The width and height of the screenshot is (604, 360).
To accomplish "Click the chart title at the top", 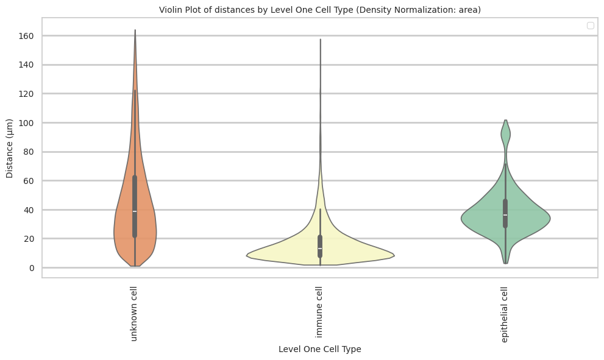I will coord(320,9).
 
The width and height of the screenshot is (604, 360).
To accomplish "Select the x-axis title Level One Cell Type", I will coord(320,349).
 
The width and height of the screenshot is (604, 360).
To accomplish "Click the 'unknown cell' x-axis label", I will coord(134,313).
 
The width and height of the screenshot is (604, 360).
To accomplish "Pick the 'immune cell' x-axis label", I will coord(319,312).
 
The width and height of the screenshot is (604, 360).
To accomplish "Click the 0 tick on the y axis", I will coord(31,267).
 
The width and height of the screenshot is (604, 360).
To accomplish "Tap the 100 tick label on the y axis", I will coord(26,123).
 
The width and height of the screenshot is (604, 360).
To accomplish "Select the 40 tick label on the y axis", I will coord(29,210).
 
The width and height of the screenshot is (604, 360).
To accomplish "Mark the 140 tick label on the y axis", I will coord(26,65).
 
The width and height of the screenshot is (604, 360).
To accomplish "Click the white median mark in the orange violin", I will coord(135,211).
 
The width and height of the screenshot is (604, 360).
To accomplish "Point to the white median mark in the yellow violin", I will coord(320,249).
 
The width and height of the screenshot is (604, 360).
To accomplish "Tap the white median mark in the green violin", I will coord(505,215).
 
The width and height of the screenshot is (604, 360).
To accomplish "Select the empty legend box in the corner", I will coord(590,26).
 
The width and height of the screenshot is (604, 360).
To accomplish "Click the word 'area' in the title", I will coord(470,9).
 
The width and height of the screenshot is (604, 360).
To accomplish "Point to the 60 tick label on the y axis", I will coord(29,181).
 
